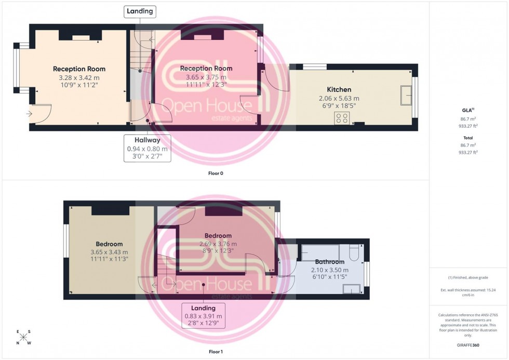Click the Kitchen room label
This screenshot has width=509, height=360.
pos(339,89)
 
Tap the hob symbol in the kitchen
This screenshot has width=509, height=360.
pos(342,118)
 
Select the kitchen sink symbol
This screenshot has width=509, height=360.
pos(407,94)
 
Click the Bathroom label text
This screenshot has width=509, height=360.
pos(329,262)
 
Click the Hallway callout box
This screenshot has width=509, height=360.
pos(147,148)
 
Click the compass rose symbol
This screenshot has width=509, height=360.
pos(24,338)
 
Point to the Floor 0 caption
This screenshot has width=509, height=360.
pos(215,173)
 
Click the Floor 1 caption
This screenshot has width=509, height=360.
pos(215,352)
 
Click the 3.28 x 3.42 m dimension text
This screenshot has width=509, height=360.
pos(79,77)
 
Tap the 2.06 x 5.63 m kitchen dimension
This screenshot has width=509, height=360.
pos(339,98)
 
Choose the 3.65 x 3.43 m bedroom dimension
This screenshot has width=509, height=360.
pos(109,252)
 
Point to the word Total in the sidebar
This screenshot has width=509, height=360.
pos(468,138)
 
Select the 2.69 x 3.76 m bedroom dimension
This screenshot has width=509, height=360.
pos(218,244)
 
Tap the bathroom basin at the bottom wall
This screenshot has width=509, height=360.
pos(352,289)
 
